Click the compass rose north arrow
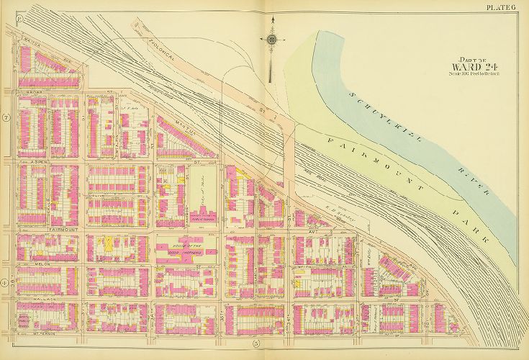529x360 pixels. coord(272,40)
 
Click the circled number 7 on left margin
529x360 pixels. coord(5,117)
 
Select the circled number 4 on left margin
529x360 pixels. coord(5,283)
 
